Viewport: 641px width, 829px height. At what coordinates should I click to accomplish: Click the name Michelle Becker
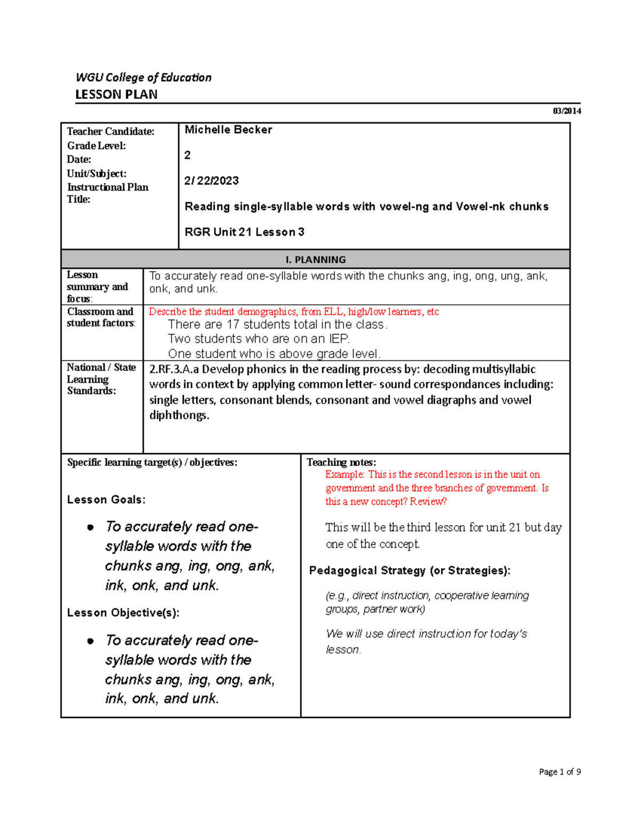tap(228, 130)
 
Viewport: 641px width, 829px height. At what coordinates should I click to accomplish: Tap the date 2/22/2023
tap(212, 180)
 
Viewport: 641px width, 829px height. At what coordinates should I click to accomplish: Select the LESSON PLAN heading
tap(116, 94)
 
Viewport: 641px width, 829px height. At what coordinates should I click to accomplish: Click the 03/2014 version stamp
tap(567, 111)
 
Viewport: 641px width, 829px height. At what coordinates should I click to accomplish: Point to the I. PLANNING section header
tap(315, 259)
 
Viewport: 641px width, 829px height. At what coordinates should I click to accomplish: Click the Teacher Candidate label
tap(111, 131)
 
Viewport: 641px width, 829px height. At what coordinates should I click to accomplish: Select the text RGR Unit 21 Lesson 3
tap(244, 232)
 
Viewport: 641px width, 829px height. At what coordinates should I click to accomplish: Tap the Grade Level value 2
tap(187, 155)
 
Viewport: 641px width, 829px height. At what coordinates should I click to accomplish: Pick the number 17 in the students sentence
tap(233, 325)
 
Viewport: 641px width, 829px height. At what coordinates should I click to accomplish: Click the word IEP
tap(339, 339)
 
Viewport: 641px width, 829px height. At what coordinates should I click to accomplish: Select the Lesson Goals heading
tap(106, 500)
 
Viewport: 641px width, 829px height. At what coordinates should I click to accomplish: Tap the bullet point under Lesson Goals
tap(90, 527)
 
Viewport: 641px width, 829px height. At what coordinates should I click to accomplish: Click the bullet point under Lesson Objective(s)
tap(90, 641)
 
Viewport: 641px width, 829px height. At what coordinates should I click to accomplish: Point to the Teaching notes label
tap(341, 462)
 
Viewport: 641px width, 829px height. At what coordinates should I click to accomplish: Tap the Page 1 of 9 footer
tap(560, 771)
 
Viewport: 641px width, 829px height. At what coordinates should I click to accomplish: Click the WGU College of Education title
tap(143, 77)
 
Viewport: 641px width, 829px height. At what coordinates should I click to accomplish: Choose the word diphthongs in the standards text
tap(178, 415)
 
